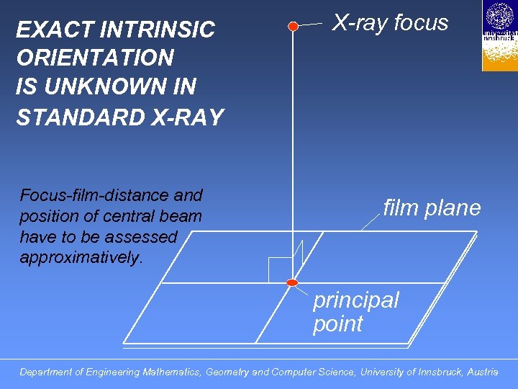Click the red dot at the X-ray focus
click(x=293, y=26)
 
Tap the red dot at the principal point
click(x=292, y=282)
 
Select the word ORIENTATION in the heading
click(x=95, y=58)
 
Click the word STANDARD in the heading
click(x=77, y=117)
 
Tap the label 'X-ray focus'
click(x=390, y=23)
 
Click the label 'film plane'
click(x=432, y=208)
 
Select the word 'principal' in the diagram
click(x=355, y=300)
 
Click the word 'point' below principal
click(x=337, y=324)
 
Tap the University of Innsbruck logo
click(x=499, y=35)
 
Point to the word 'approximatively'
click(x=81, y=258)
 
